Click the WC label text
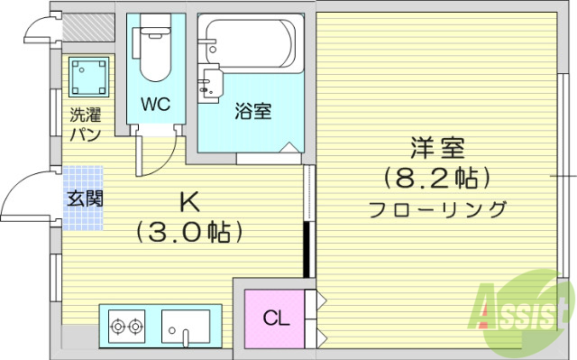(155, 103)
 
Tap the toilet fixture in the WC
(151, 51)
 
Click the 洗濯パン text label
(87, 125)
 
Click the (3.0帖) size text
(191, 232)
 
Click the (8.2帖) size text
(437, 177)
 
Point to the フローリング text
(437, 209)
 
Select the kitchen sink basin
(185, 325)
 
